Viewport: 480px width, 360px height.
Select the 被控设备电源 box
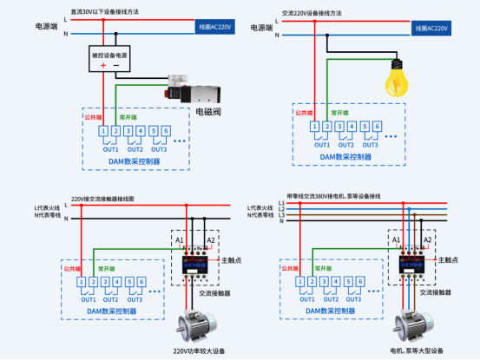(x=110, y=54)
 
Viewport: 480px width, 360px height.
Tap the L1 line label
(x=281, y=202)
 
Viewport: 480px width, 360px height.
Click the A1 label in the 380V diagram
(x=396, y=239)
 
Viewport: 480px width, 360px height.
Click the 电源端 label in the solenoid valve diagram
(x=46, y=26)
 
